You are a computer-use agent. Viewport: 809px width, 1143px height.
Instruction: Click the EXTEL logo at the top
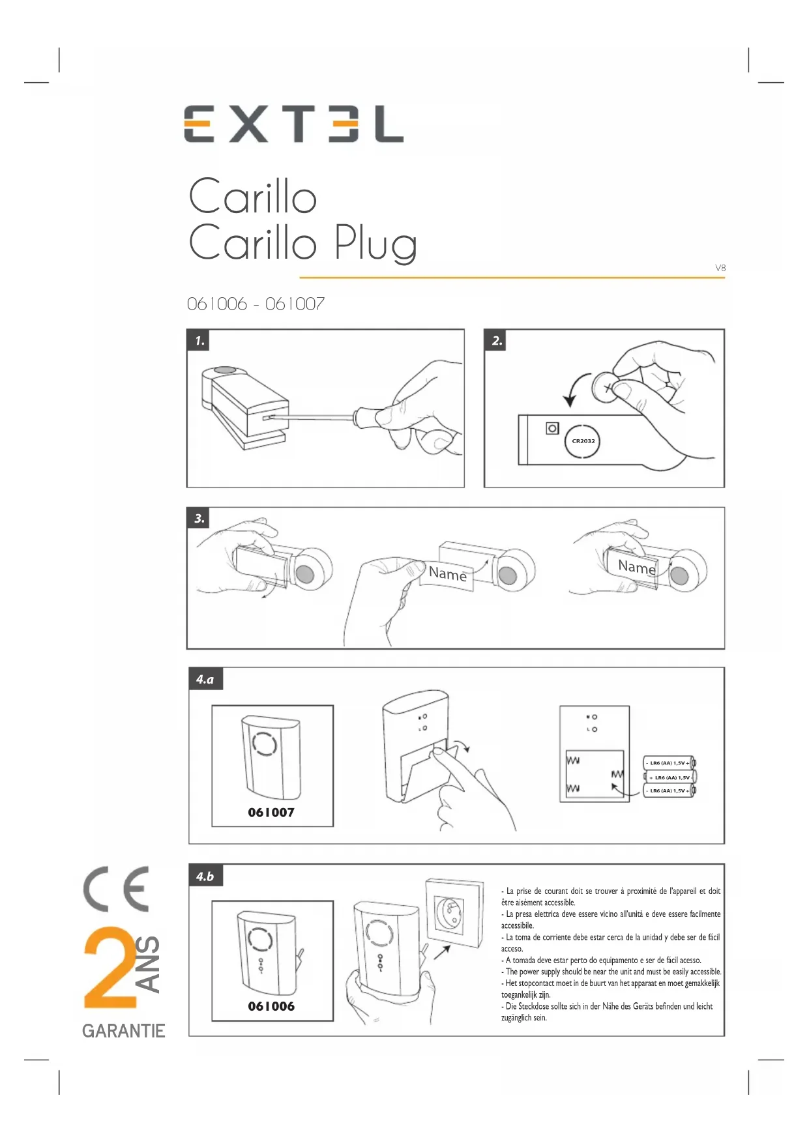click(293, 123)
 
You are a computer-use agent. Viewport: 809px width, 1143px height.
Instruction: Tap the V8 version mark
click(720, 268)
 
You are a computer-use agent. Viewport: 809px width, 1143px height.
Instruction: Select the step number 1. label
click(199, 340)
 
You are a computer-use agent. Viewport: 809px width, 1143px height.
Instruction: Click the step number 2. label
click(496, 340)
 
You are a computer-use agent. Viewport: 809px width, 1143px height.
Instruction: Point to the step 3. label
click(199, 519)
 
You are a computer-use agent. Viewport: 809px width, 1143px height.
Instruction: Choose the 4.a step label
click(205, 679)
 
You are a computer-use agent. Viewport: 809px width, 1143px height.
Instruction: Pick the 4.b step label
click(205, 876)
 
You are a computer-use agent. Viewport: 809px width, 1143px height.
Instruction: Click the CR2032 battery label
click(583, 441)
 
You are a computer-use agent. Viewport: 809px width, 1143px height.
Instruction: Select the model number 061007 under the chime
click(271, 813)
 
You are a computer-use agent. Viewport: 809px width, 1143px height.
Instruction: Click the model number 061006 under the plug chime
click(271, 1006)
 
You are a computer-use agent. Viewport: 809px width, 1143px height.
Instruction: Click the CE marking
click(116, 890)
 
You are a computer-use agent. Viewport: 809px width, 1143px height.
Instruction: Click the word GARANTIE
click(124, 1031)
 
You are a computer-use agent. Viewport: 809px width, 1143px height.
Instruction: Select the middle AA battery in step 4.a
click(670, 777)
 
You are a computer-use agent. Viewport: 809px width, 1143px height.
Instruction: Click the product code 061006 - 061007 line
click(256, 304)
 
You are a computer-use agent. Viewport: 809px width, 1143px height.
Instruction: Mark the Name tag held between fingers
click(449, 574)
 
